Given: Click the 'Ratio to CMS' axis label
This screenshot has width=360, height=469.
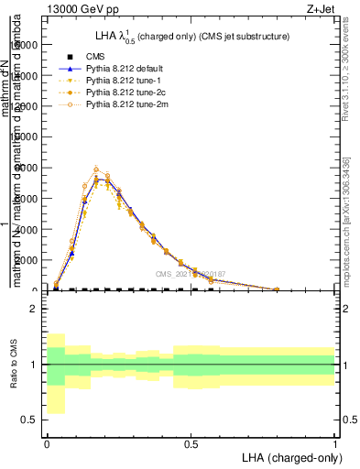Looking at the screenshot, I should tap(14, 378).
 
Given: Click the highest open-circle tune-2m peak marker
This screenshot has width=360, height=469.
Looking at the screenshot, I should tap(96, 169).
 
